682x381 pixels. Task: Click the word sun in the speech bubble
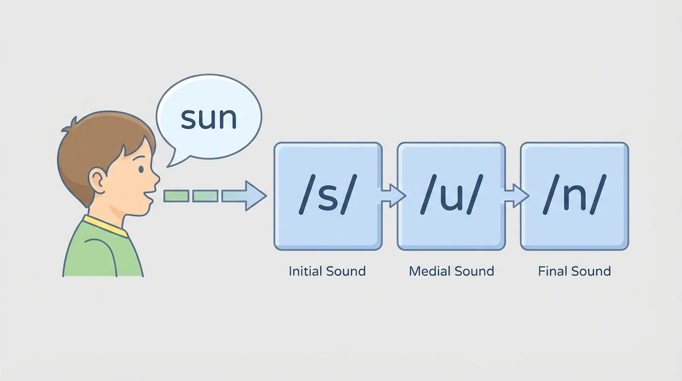click(x=209, y=118)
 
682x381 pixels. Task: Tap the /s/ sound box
click(x=328, y=196)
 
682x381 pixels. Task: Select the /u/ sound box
click(x=451, y=196)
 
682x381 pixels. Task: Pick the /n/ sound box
click(x=574, y=196)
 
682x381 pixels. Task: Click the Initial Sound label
click(x=327, y=271)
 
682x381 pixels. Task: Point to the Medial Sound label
click(x=451, y=271)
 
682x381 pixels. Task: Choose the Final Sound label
click(x=574, y=271)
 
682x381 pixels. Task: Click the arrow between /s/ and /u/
click(x=392, y=195)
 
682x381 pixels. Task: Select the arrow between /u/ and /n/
click(x=515, y=195)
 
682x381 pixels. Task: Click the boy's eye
click(x=141, y=169)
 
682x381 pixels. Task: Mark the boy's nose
click(x=155, y=177)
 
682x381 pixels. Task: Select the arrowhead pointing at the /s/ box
click(x=255, y=196)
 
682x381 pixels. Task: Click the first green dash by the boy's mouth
click(x=176, y=196)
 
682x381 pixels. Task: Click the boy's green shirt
click(x=99, y=253)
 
